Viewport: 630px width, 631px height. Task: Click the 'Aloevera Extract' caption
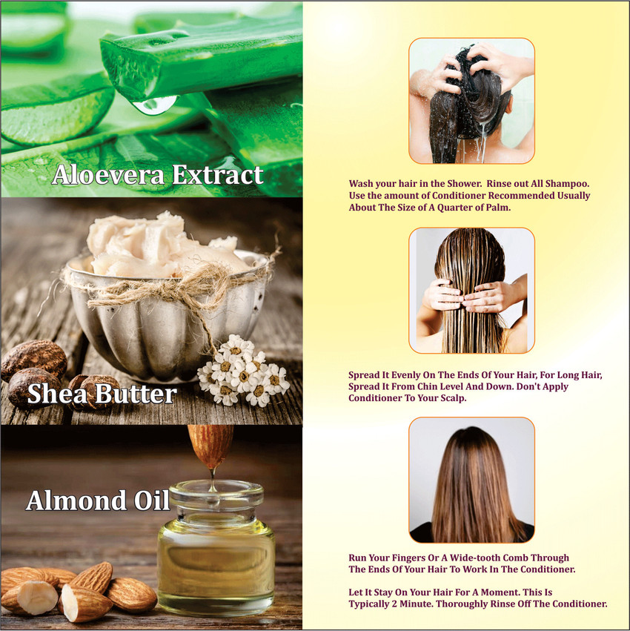tap(157, 175)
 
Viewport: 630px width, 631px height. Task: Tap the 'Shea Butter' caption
tap(102, 394)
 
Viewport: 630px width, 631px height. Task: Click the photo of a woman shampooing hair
tap(471, 101)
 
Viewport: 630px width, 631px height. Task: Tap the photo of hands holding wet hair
tap(471, 290)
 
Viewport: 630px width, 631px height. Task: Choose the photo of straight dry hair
tap(471, 480)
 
